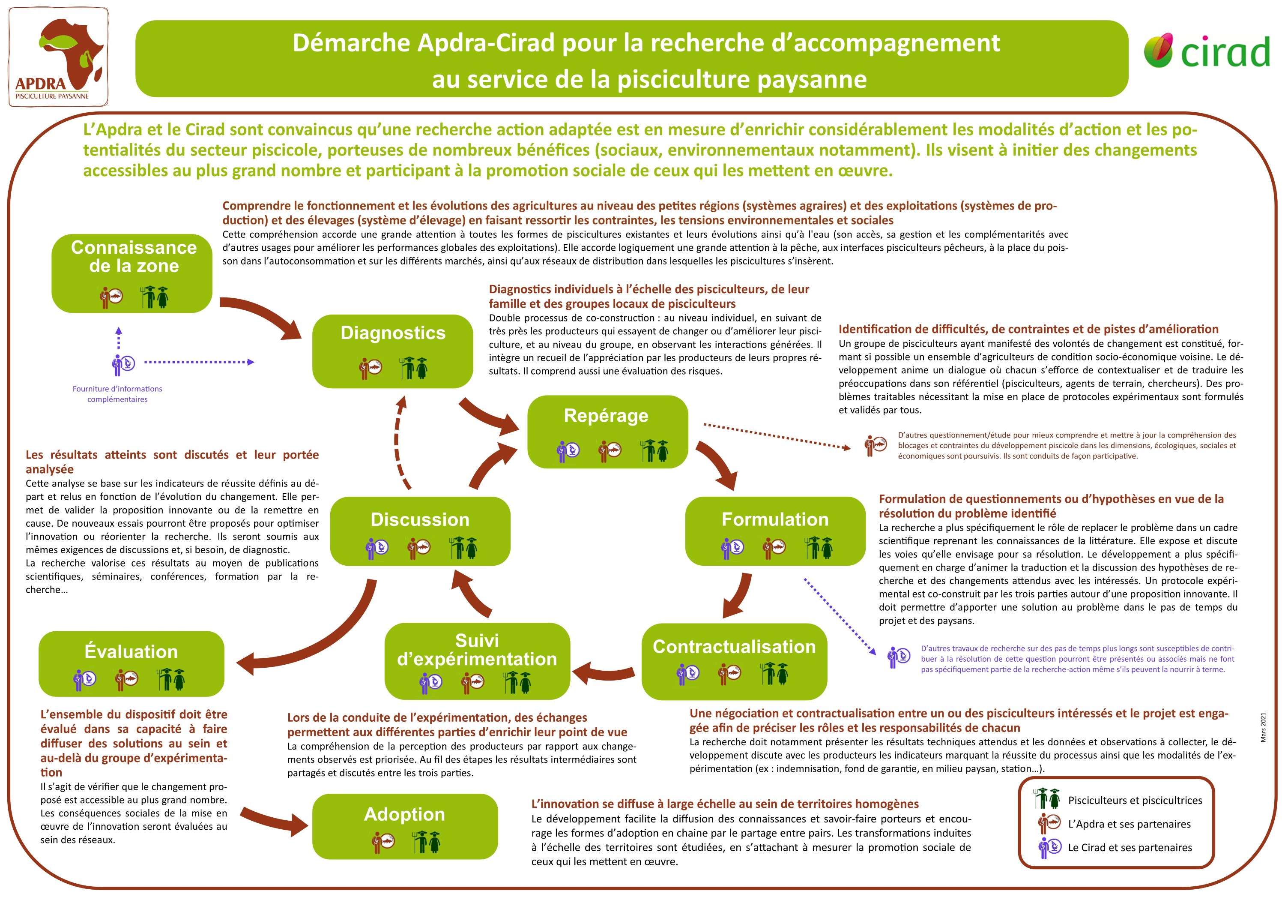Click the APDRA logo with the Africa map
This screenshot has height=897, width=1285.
point(58,57)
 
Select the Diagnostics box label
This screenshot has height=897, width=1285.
point(393,333)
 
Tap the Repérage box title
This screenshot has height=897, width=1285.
point(606,415)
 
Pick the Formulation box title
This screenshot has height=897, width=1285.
point(775,519)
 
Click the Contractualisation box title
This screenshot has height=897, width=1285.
point(734,647)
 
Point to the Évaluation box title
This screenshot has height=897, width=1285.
point(131,651)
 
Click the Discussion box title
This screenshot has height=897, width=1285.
point(420,519)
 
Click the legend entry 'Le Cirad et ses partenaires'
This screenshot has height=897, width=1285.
point(1130,847)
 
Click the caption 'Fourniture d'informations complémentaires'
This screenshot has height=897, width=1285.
point(117,393)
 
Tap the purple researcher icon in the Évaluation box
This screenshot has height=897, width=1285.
point(84,679)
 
